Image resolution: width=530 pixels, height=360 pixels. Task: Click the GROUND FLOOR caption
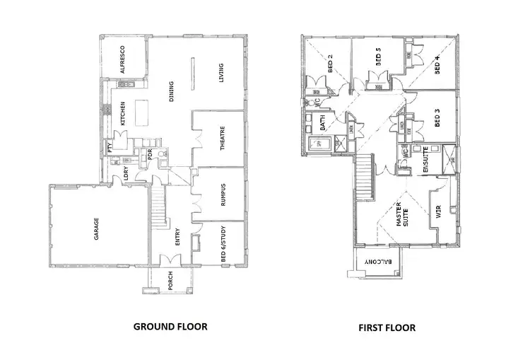click(170, 327)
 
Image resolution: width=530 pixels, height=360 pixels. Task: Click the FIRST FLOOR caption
click(387, 327)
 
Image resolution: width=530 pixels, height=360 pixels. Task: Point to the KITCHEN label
click(122, 114)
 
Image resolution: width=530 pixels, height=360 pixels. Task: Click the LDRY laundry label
click(126, 173)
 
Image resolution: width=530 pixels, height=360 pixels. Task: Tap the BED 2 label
click(330, 65)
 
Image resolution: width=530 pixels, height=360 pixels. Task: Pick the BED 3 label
click(437, 119)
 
